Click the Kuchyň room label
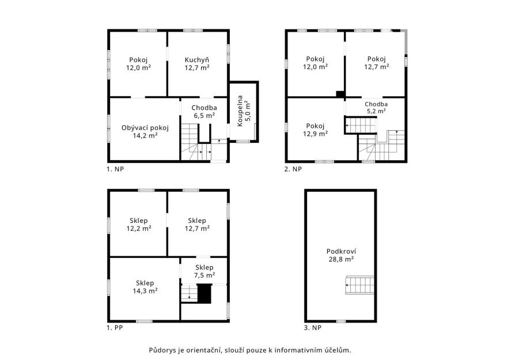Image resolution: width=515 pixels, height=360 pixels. [197, 60]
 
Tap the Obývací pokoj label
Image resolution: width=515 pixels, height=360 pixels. [145, 128]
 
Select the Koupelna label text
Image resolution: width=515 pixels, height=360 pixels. [240, 111]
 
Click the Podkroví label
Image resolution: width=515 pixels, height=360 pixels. [341, 251]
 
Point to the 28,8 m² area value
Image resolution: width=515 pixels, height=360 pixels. [341, 259]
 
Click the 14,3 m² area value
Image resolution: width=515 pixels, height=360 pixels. [145, 291]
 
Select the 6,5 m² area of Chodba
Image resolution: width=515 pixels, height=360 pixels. [205, 115]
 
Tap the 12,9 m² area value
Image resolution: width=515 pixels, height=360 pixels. [315, 134]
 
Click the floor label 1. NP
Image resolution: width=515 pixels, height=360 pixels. [115, 169]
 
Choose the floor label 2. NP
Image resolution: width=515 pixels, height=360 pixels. [293, 169]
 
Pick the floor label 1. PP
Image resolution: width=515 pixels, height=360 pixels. [115, 328]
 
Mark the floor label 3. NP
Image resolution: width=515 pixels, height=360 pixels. [313, 328]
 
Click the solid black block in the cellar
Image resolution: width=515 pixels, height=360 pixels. [205, 294]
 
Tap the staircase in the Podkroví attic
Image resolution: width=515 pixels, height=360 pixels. [359, 285]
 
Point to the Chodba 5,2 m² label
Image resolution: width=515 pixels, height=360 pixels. [376, 107]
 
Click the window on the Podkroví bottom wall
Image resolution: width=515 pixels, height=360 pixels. [341, 321]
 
